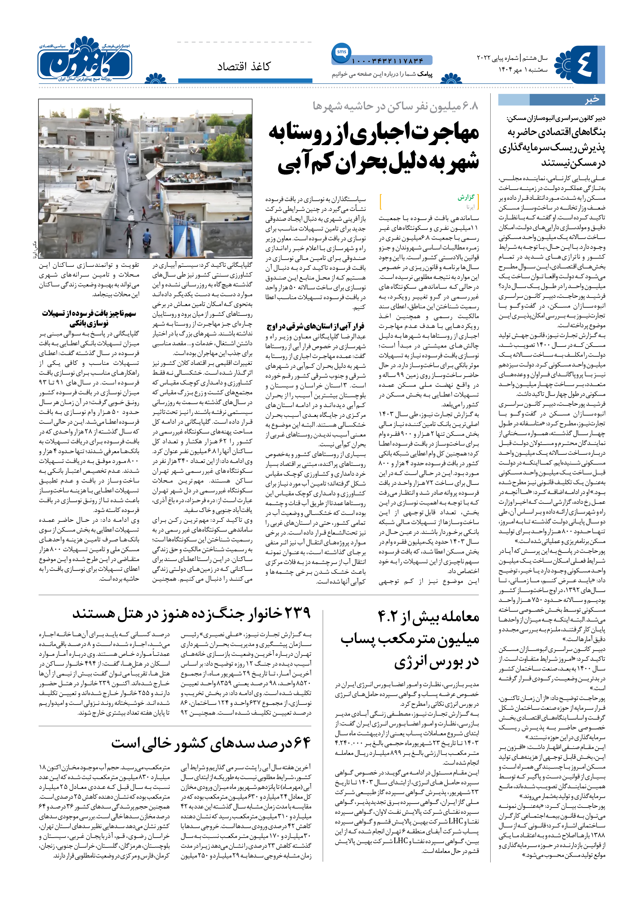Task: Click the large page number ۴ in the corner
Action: click(583, 64)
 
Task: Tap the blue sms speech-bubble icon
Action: click(341, 53)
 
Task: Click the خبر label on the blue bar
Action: click(592, 99)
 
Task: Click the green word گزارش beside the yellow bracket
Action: click(466, 197)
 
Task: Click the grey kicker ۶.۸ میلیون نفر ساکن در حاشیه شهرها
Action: click(395, 106)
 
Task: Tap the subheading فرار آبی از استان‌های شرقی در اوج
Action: click(316, 326)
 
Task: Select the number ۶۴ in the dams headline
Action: click(300, 742)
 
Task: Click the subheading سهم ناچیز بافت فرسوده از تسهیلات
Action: click(89, 314)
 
